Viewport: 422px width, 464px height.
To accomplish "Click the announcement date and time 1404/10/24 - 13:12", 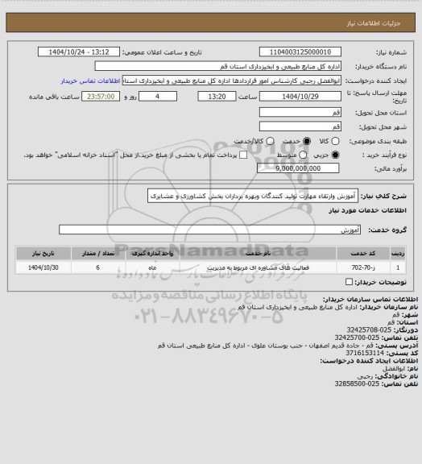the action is pyautogui.click(x=88, y=52).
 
